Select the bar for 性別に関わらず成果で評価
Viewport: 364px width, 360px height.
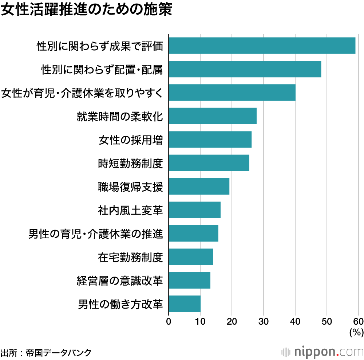coord(262,46)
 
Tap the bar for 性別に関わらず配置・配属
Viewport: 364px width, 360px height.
coord(245,69)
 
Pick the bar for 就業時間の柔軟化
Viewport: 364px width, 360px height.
coord(213,116)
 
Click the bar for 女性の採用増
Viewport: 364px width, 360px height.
coord(210,140)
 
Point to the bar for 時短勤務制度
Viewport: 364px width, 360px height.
coord(209,163)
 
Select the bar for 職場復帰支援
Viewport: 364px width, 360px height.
coord(199,187)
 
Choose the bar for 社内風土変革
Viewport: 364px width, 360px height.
coord(195,210)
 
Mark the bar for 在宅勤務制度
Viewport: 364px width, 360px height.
coord(191,257)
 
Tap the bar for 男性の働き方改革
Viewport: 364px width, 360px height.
coord(185,304)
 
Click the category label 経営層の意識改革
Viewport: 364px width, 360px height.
coord(119,281)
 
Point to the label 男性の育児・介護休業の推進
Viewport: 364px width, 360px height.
coord(96,234)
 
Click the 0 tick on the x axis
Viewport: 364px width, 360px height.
coord(169,321)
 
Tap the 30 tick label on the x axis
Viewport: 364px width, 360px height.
coord(264,321)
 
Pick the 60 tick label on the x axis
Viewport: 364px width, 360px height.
coord(358,321)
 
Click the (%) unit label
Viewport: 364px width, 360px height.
coord(356,332)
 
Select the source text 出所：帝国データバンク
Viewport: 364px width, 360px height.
coord(46,352)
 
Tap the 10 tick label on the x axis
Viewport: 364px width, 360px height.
coord(200,321)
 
